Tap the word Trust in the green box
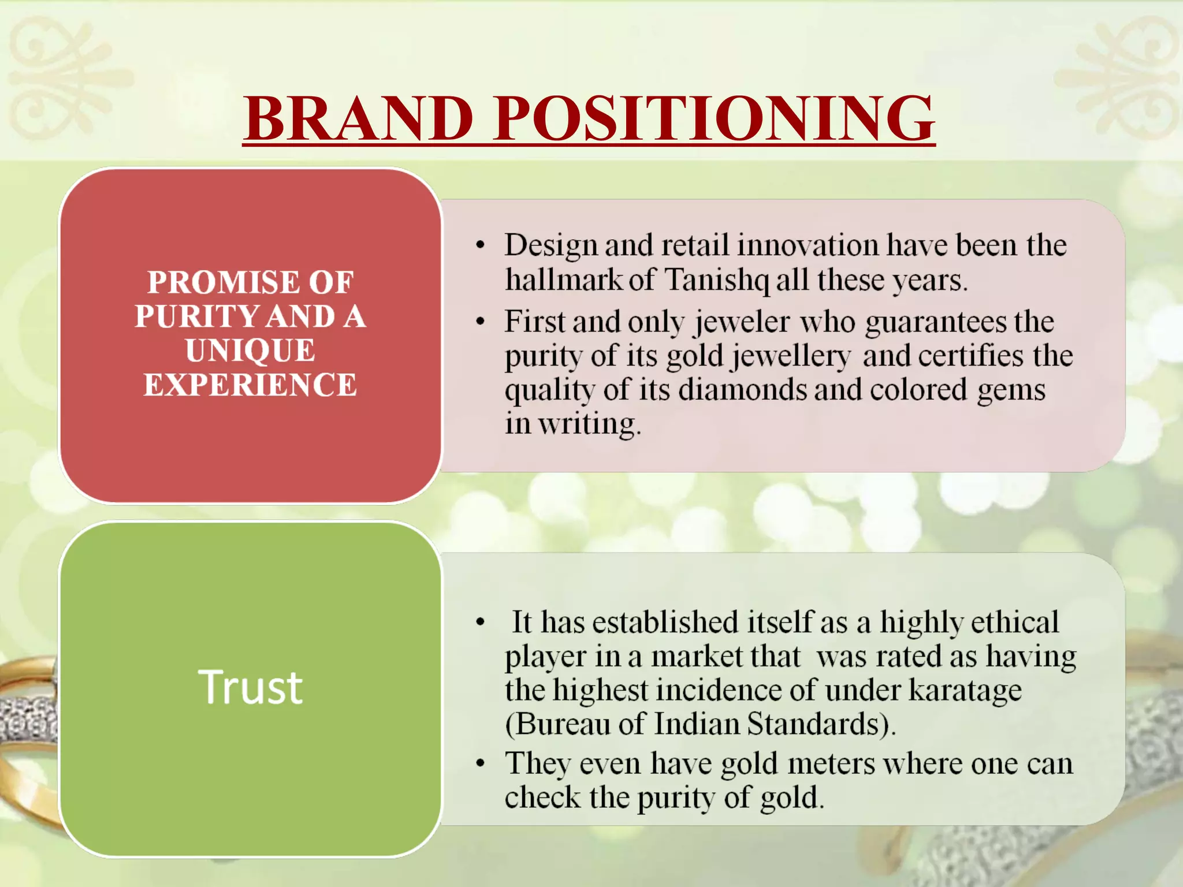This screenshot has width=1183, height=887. [x=250, y=687]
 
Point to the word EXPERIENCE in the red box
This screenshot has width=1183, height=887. [x=250, y=385]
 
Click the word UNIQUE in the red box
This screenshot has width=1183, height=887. [x=250, y=351]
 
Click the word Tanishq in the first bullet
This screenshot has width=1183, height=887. [x=716, y=280]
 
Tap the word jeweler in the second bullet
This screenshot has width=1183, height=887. [x=742, y=322]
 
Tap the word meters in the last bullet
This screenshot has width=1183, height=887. [x=831, y=763]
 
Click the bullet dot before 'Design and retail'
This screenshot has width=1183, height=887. [x=480, y=246]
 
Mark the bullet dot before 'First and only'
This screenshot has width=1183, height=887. [x=480, y=322]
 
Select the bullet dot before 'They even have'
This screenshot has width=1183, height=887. [x=480, y=764]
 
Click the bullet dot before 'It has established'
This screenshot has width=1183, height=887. [x=480, y=623]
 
